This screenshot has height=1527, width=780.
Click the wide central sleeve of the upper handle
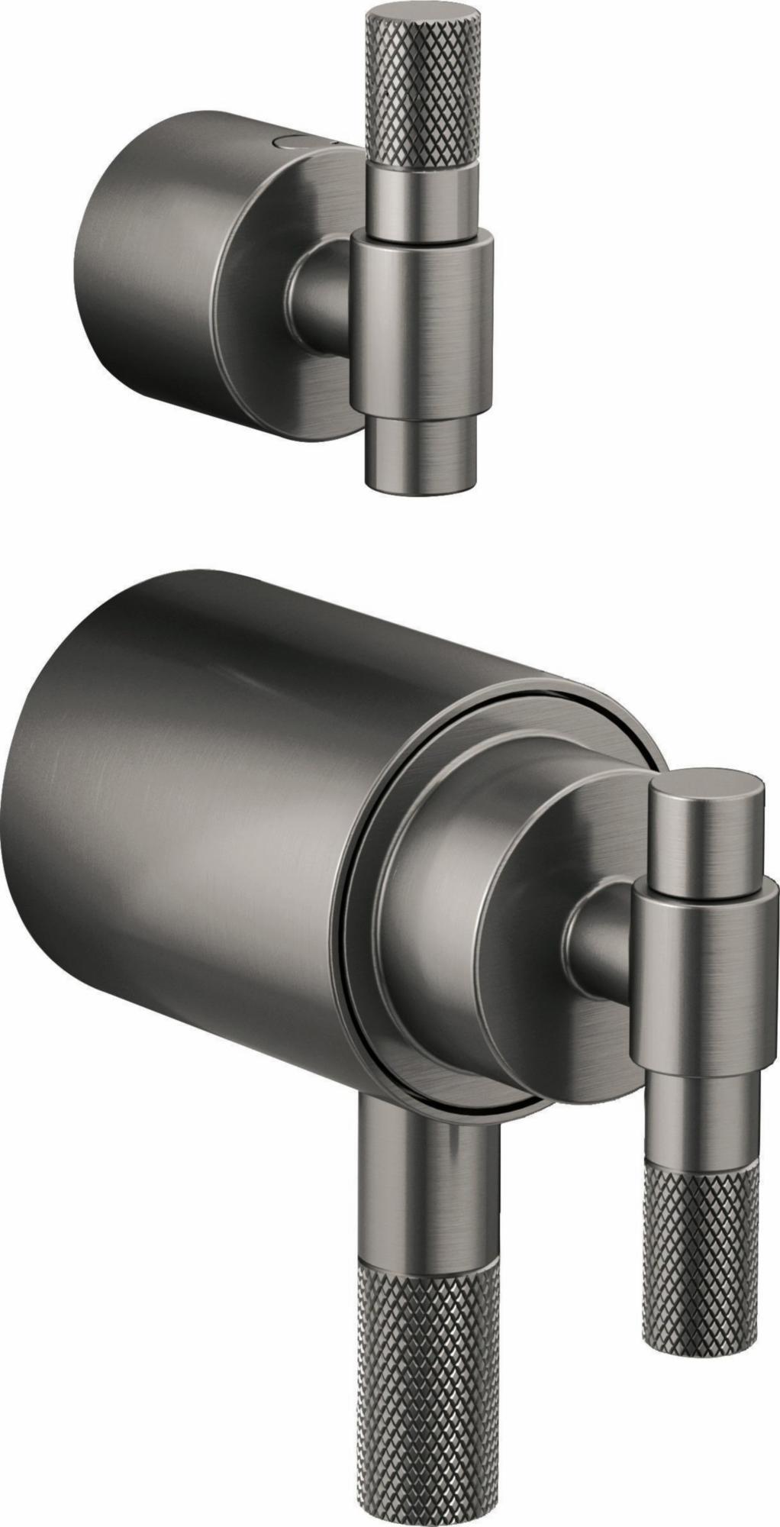[x=421, y=321]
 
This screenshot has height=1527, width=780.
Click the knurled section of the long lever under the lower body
[x=427, y=1374]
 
